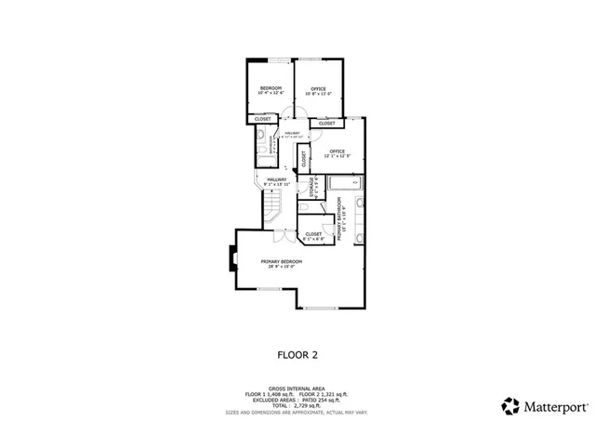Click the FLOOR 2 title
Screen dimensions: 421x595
coord(297,354)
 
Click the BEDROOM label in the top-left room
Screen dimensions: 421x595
coord(270,88)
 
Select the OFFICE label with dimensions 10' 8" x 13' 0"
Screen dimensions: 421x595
coord(319,88)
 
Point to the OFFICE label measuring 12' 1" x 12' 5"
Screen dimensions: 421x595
coord(336,151)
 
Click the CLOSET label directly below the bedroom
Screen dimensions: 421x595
coord(263,119)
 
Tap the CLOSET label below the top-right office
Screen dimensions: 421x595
coord(327,123)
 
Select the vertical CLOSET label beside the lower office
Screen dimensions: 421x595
coord(304,159)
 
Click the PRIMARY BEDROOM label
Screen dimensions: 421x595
coord(281,262)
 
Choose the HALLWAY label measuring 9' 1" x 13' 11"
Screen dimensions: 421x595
coord(277,180)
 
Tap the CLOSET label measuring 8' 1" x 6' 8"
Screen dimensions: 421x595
coord(313,235)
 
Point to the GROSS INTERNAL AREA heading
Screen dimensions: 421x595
coord(297,388)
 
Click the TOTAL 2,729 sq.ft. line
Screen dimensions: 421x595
coord(297,404)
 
